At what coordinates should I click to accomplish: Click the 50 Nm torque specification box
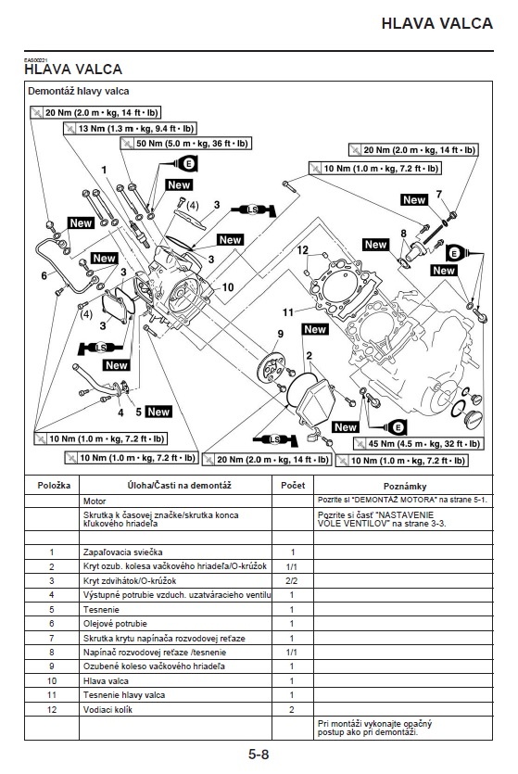point(186,144)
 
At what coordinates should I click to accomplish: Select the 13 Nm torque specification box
point(131,129)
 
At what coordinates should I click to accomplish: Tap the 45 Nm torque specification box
point(418,444)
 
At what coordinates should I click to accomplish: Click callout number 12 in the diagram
point(302,249)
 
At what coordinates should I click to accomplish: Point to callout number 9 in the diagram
point(280,334)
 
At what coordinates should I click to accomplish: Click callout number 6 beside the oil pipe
point(44,275)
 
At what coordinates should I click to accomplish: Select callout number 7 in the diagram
point(438,194)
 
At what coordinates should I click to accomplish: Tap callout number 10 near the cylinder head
point(227,287)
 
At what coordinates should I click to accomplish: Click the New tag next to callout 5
point(158,412)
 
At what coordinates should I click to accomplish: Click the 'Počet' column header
point(293,485)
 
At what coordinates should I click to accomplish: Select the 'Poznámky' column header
point(405,487)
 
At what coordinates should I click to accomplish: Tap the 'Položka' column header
point(54,485)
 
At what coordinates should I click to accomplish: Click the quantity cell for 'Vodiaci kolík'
point(292,709)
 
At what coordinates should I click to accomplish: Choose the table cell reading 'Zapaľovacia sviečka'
point(123,552)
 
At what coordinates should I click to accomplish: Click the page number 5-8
point(259,755)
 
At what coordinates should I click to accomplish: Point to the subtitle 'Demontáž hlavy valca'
point(79,91)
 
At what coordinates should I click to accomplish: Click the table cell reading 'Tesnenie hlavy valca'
point(124,695)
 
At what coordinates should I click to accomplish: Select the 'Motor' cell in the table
point(95,501)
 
